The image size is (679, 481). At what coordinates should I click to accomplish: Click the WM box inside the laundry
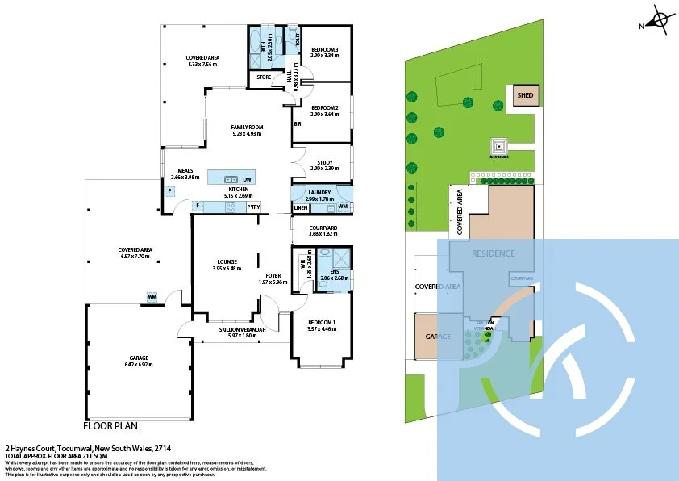(x=343, y=207)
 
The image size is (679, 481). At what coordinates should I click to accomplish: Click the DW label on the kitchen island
(x=247, y=179)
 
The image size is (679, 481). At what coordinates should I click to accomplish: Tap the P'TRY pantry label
(x=254, y=207)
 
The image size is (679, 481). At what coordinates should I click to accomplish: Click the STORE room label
(x=264, y=77)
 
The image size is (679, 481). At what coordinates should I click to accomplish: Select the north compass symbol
(x=660, y=21)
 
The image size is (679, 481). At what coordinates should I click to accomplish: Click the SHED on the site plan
(x=525, y=95)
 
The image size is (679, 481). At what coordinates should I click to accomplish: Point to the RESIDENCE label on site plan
(x=493, y=253)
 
